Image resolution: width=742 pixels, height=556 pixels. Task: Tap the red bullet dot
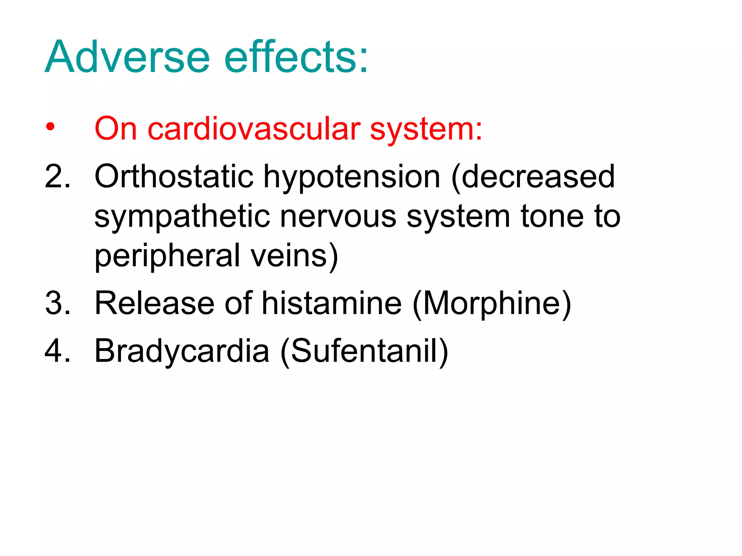coord(50,127)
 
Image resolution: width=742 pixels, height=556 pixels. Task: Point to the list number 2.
coord(57,177)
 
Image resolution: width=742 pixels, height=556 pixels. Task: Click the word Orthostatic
coord(174,177)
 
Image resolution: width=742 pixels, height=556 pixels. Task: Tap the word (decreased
coord(533,177)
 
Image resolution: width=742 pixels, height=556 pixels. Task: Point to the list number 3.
coord(57,303)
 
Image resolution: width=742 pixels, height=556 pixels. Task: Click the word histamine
coord(332,303)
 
